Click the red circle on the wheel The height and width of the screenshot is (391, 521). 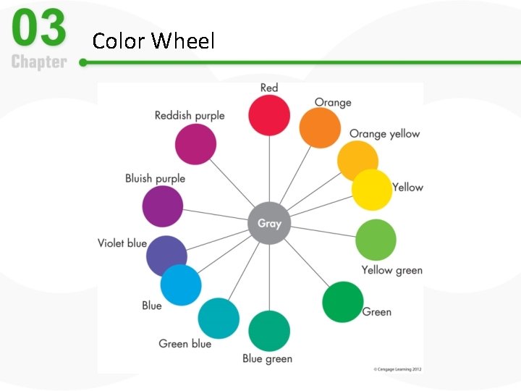tap(269, 115)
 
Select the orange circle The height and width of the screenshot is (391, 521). tap(320, 128)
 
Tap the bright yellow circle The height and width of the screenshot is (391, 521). tap(372, 190)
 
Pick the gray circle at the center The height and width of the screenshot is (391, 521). tap(269, 223)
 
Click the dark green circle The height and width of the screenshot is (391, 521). tap(342, 302)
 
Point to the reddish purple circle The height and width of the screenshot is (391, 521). tap(195, 143)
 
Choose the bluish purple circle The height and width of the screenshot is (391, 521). tap(163, 206)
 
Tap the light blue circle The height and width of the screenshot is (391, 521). tap(180, 285)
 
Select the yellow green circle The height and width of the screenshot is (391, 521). tap(376, 240)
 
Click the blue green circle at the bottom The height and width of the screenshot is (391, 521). tap(269, 331)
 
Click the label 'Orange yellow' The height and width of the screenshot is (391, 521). tap(384, 134)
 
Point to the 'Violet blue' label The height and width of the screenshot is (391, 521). tap(122, 243)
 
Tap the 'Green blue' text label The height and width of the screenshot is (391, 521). tap(185, 343)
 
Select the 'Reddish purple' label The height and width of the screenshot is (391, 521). tap(190, 115)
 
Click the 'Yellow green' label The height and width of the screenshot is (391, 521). tap(391, 270)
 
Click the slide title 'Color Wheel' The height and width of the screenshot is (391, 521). tap(153, 41)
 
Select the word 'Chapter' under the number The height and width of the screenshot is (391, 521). tap(38, 62)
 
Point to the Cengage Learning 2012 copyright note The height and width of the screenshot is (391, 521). tap(397, 369)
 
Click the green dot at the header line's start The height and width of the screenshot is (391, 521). tap(83, 63)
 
